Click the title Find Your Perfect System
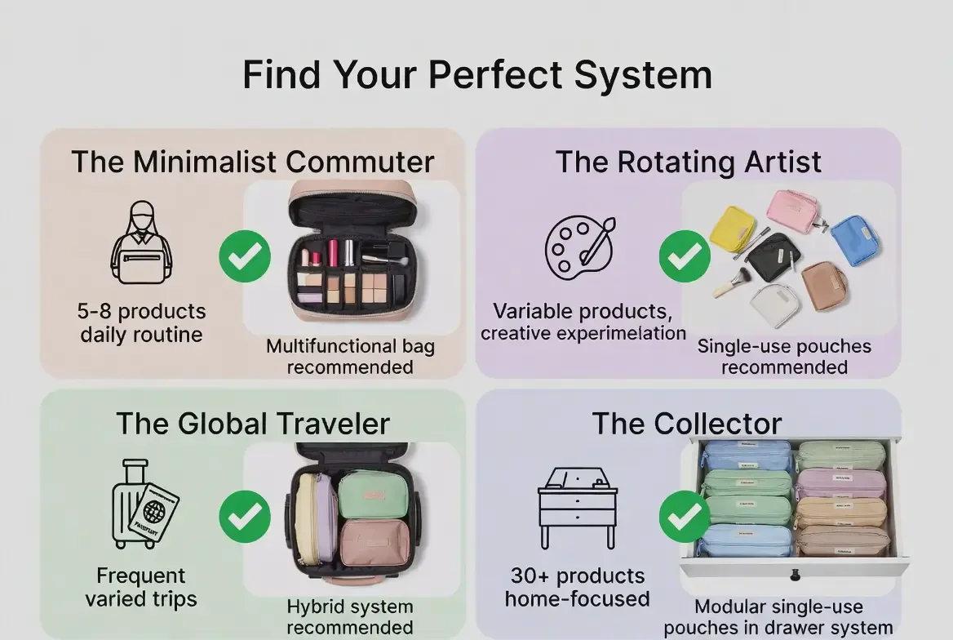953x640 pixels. (x=477, y=75)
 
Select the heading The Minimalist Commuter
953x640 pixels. (x=252, y=161)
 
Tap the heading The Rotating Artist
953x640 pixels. (x=688, y=161)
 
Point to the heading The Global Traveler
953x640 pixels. (x=252, y=424)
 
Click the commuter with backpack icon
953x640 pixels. (x=141, y=242)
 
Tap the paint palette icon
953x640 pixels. (x=579, y=245)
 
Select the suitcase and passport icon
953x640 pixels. (x=144, y=504)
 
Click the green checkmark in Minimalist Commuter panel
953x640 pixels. (x=245, y=256)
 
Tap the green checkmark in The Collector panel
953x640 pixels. (x=685, y=517)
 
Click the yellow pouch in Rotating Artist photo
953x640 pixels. (x=732, y=229)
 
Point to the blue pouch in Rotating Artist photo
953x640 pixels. (x=849, y=240)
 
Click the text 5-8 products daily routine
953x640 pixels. (x=142, y=323)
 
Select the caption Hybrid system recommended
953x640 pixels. (x=349, y=617)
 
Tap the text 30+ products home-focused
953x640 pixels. (x=577, y=587)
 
